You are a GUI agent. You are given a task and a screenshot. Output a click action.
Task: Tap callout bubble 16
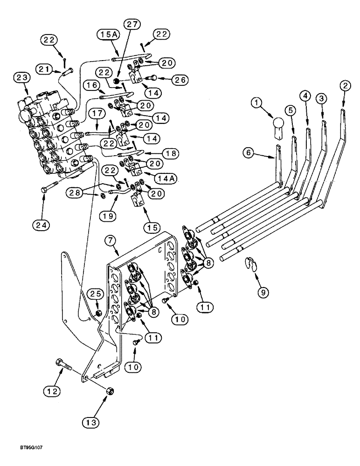(91, 86)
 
